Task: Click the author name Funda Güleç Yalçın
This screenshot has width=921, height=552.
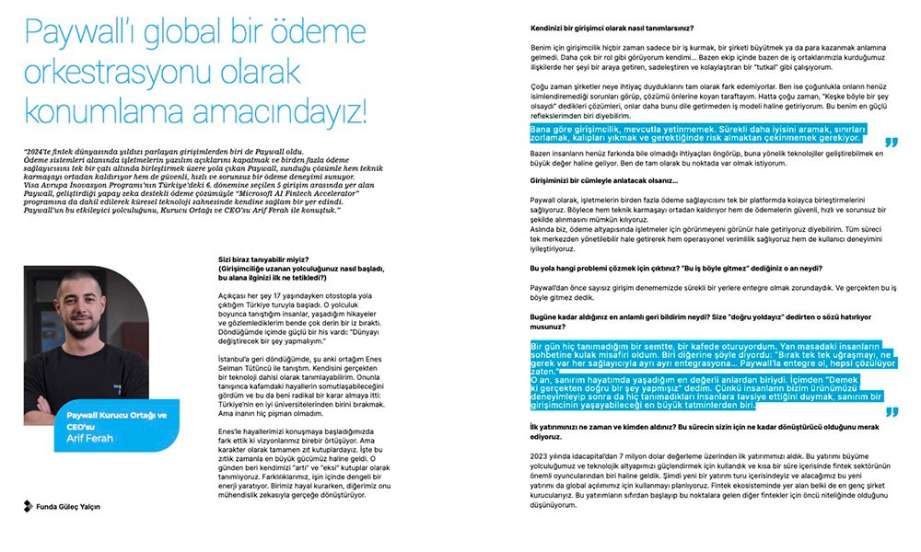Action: click(x=69, y=506)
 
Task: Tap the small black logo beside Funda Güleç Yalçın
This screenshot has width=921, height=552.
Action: click(x=29, y=506)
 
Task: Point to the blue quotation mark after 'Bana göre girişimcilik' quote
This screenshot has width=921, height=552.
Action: click(x=891, y=142)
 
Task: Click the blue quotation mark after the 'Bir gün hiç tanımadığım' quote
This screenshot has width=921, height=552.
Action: click(x=891, y=410)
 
